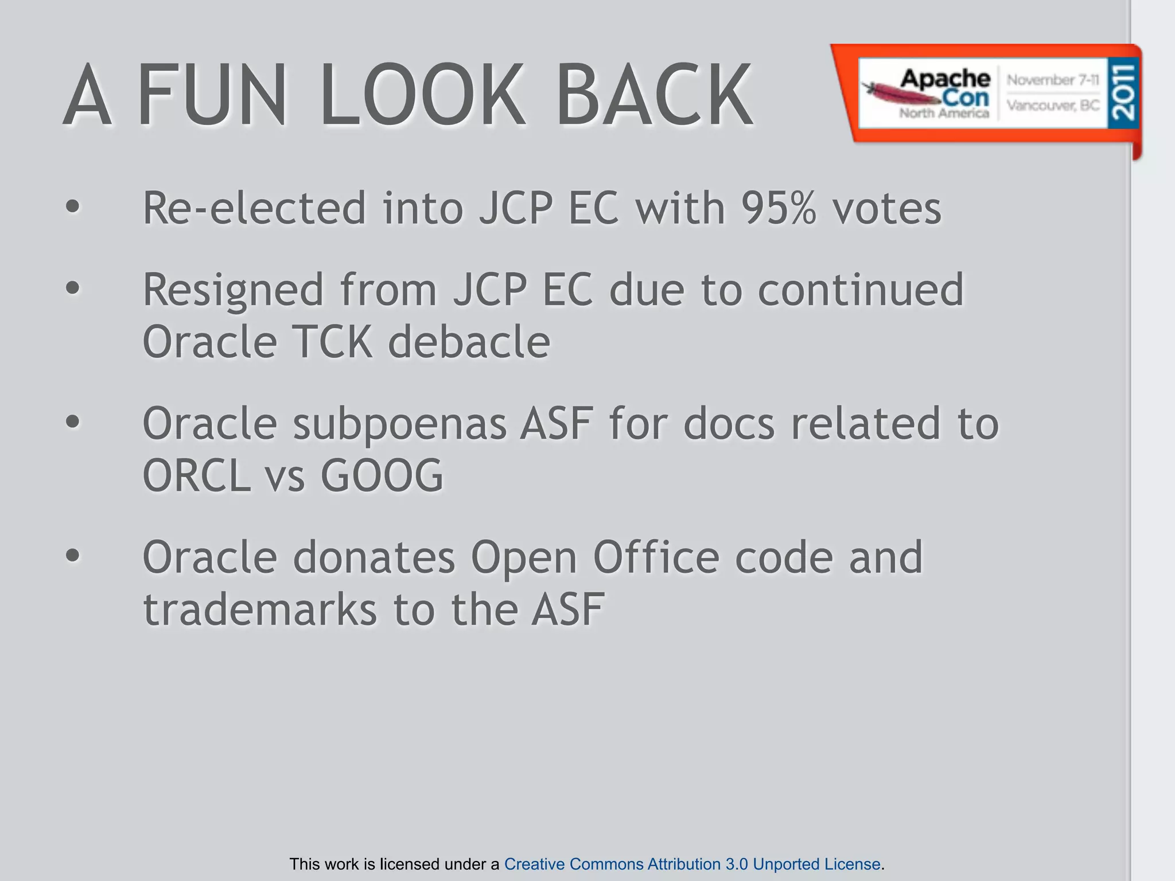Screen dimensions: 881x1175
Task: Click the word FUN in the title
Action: (x=212, y=95)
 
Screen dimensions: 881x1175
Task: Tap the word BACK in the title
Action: (x=654, y=95)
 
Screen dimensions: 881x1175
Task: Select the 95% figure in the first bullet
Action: (x=778, y=208)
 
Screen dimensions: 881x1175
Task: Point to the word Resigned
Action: (x=233, y=290)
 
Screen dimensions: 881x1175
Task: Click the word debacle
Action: (x=469, y=342)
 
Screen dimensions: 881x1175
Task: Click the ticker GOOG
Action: (x=382, y=476)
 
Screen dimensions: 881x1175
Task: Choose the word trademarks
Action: (x=260, y=610)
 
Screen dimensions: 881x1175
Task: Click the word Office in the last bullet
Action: (x=656, y=558)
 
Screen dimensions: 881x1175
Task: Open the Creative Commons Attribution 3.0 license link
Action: (x=692, y=864)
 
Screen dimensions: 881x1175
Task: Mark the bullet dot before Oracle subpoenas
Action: (x=73, y=422)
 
